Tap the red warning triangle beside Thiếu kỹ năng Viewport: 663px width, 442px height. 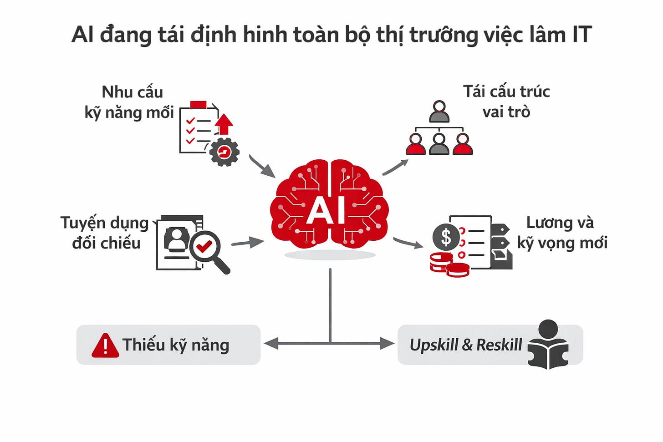point(105,345)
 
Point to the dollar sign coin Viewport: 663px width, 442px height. point(446,237)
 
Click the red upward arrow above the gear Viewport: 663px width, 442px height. point(224,124)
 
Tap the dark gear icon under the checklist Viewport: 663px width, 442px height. point(224,152)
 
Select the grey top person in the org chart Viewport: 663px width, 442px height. point(439,112)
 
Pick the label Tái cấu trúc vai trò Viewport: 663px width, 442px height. point(506,102)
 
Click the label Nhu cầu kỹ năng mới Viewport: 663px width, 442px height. point(130,102)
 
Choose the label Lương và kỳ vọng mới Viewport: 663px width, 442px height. point(561,233)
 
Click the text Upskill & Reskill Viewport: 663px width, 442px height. point(465,345)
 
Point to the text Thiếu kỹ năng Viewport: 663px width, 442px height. point(175,345)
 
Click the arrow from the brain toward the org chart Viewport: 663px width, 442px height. point(395,167)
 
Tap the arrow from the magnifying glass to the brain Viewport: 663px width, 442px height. point(248,242)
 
